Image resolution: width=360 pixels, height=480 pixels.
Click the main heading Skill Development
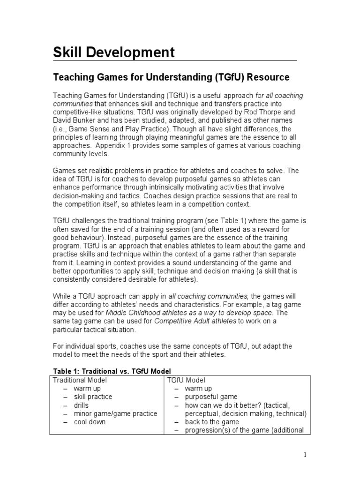[x=114, y=52]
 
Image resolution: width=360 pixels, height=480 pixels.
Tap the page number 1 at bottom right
[x=305, y=454]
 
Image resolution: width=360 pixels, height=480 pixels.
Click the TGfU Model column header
[x=186, y=380]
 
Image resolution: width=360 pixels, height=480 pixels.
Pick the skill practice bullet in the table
[x=93, y=397]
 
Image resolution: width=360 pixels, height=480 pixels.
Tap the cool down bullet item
[x=90, y=422]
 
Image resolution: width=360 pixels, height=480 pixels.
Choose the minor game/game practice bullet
[x=115, y=413]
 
